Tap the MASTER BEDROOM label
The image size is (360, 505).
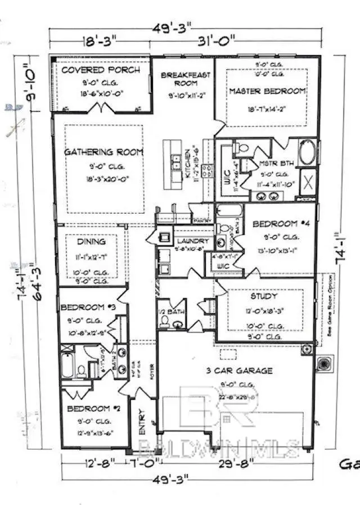(267, 91)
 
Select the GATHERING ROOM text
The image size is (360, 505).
(103, 152)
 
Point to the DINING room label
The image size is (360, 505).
(92, 242)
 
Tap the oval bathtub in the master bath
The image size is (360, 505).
(308, 153)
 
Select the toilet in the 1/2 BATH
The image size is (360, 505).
(165, 321)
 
